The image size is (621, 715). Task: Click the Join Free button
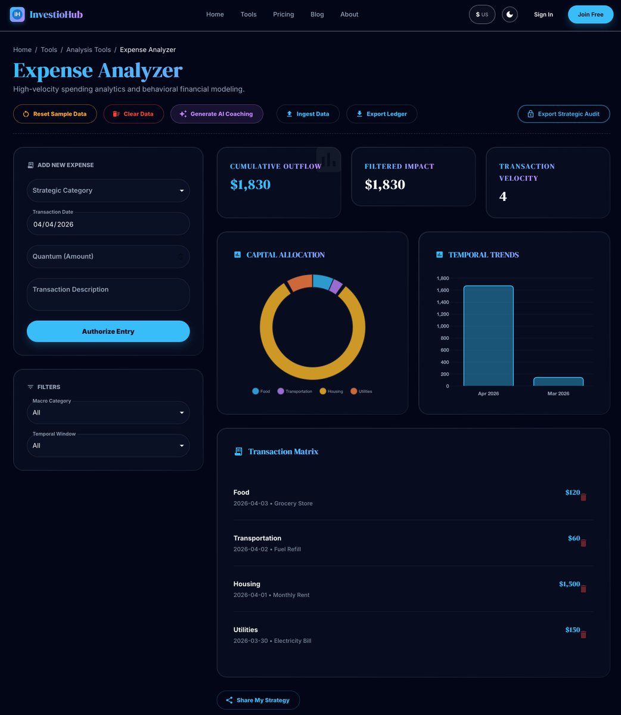point(590,14)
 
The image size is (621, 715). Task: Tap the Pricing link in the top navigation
point(283,14)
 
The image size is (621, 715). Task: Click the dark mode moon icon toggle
point(510,14)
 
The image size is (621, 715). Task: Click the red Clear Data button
point(133,114)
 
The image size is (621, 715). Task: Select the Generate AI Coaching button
point(216,114)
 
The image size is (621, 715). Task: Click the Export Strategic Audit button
point(563,114)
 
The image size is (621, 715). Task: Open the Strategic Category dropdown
point(108,191)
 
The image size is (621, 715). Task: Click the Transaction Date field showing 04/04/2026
point(108,224)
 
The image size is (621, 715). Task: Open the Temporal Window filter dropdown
point(108,445)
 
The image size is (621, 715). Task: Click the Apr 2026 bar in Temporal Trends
point(488,336)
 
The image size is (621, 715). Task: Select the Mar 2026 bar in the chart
point(558,382)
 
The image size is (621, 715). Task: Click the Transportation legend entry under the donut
point(295,391)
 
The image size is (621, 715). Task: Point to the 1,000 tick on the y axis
point(442,326)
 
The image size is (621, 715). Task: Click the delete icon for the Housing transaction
point(583,589)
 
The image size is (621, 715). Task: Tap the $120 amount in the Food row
point(572,493)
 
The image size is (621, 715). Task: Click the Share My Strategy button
point(258,700)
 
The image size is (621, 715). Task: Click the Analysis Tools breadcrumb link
point(88,49)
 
